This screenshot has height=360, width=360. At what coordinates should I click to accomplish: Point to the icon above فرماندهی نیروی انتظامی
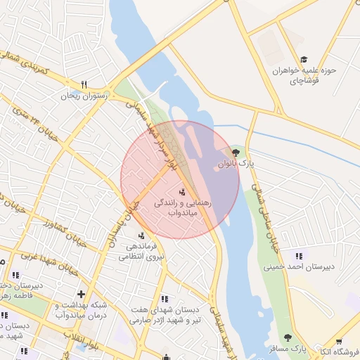pyautogui.click(x=142, y=236)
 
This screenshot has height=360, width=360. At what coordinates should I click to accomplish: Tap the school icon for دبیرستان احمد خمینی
pyautogui.click(x=300, y=256)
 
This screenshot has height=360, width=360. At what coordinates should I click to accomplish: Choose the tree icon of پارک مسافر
pyautogui.click(x=287, y=338)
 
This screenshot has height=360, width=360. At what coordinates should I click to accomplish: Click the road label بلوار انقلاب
pyautogui.click(x=95, y=345)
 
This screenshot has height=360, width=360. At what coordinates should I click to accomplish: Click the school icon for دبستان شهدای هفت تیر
pyautogui.click(x=165, y=298)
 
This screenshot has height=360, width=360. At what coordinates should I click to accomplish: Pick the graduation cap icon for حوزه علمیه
pyautogui.click(x=304, y=60)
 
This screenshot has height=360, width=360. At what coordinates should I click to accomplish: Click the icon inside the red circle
pyautogui.click(x=183, y=191)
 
